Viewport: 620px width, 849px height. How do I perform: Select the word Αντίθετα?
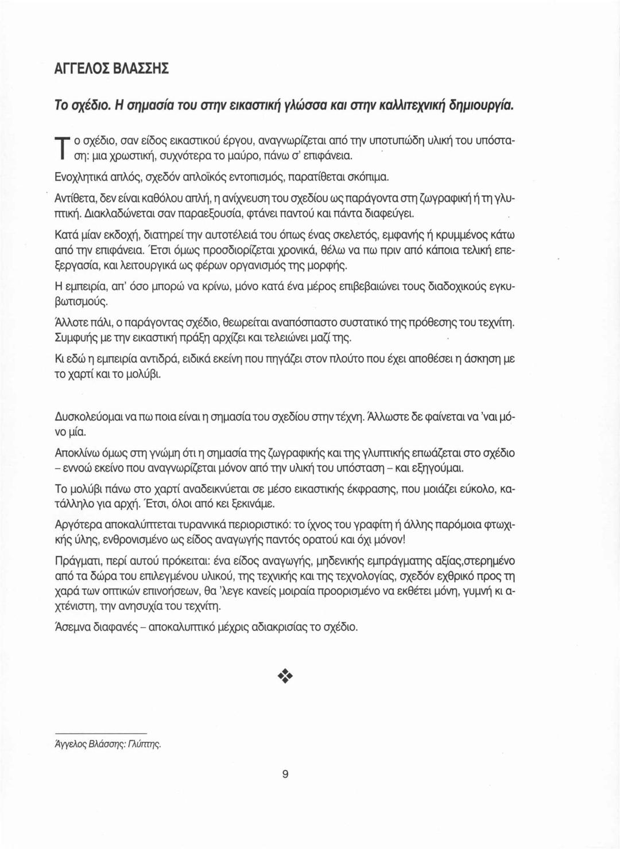(x=75, y=199)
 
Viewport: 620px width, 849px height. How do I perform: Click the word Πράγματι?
(x=76, y=560)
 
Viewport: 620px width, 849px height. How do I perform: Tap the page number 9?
(x=285, y=774)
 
